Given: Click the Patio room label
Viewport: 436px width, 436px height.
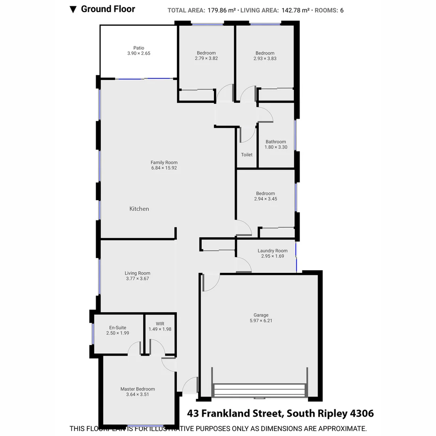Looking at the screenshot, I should [x=138, y=48].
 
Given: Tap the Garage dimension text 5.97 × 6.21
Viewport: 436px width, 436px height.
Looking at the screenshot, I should [x=259, y=321].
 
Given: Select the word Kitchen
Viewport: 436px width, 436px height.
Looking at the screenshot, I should [x=139, y=209].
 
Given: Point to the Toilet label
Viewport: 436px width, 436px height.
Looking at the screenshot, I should [x=247, y=155].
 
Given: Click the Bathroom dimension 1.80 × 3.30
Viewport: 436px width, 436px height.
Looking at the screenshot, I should [x=276, y=147].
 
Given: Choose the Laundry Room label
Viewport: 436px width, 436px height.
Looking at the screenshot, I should [x=272, y=251].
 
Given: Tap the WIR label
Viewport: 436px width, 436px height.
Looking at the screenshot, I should [x=160, y=324].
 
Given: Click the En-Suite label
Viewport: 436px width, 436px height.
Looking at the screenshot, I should [x=117, y=328].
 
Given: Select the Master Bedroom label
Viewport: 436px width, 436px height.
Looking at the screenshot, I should [x=137, y=389].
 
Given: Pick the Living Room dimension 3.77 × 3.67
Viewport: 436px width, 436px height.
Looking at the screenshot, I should [x=137, y=279].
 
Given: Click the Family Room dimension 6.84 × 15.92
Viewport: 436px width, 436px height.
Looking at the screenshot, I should [x=164, y=168].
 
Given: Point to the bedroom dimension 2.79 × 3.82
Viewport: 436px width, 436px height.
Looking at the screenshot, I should [x=206, y=58].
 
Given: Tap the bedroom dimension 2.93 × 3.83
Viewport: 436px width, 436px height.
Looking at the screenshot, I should [x=265, y=59].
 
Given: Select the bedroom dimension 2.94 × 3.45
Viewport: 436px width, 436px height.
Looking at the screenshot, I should [x=266, y=199].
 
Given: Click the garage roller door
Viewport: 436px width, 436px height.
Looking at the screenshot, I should [x=259, y=390].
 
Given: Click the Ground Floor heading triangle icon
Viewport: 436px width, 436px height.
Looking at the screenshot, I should [x=73, y=9].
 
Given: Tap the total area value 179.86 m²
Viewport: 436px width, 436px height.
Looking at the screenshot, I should [x=222, y=10].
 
